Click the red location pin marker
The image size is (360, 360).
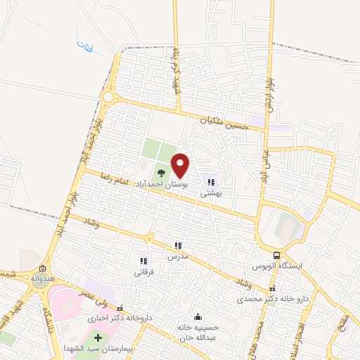point(181,165)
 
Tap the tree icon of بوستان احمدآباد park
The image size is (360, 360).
point(161,172)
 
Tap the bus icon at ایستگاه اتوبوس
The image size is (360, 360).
point(276,257)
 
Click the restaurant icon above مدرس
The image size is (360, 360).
point(178,246)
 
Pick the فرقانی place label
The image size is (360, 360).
point(143,270)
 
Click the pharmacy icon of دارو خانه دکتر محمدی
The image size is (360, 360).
point(272,288)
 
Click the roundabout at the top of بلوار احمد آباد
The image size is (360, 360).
point(108,96)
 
